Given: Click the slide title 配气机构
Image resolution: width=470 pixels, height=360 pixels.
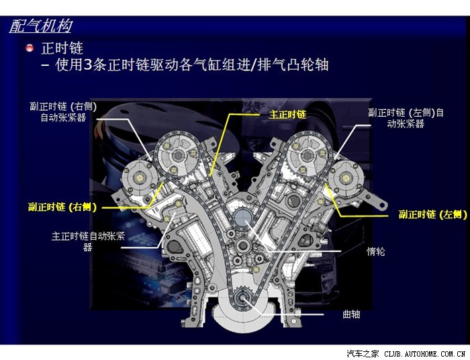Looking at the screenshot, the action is [x=41, y=26].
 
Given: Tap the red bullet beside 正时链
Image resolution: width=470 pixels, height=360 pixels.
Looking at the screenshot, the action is [x=30, y=48].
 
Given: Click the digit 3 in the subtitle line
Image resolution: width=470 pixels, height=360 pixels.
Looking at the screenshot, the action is [x=87, y=64].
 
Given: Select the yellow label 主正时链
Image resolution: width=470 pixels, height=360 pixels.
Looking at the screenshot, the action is [x=287, y=114].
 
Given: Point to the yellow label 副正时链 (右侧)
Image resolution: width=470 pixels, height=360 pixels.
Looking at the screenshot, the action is [x=62, y=207].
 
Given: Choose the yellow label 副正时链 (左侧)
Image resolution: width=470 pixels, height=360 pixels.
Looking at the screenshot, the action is [x=432, y=214].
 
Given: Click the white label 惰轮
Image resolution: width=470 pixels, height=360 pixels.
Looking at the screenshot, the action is [x=376, y=251].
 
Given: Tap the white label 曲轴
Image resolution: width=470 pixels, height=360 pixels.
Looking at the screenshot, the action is [x=351, y=314].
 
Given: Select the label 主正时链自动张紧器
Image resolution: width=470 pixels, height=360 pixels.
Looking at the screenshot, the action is [x=88, y=241].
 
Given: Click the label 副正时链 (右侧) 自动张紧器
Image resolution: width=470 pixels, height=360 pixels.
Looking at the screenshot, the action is [x=63, y=111].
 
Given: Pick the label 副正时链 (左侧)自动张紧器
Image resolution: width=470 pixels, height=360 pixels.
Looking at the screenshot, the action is [x=406, y=118].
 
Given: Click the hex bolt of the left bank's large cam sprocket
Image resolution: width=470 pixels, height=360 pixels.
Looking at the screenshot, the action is [x=178, y=156].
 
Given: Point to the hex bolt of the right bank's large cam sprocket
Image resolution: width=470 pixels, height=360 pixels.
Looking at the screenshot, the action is [x=308, y=156].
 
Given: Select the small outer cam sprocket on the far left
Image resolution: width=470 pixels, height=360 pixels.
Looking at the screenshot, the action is [x=139, y=178].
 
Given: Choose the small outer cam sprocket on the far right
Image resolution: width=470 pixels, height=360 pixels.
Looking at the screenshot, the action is [x=346, y=178].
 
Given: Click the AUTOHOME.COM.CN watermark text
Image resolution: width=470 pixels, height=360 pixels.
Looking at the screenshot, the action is [x=425, y=354].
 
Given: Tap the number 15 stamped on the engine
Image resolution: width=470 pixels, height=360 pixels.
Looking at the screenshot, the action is [x=156, y=210].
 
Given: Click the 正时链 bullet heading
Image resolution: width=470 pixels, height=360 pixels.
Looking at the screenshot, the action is [x=62, y=48].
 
